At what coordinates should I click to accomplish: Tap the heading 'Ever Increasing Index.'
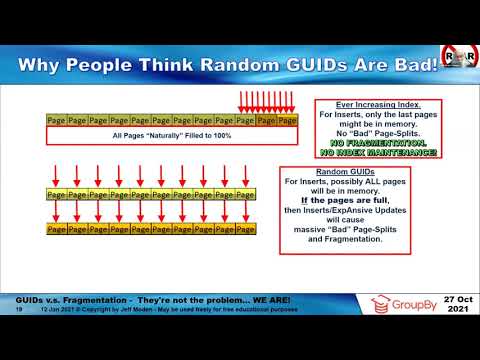[x=363, y=105]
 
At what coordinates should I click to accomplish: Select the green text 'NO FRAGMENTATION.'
[x=363, y=142]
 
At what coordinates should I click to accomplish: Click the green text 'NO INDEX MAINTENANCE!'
[x=363, y=151]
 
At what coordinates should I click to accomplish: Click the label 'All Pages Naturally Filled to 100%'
[x=173, y=134]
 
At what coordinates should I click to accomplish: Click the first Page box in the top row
[x=56, y=120]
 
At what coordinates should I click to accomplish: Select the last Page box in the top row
[x=288, y=120]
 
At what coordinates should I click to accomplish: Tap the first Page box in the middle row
[x=56, y=193]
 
